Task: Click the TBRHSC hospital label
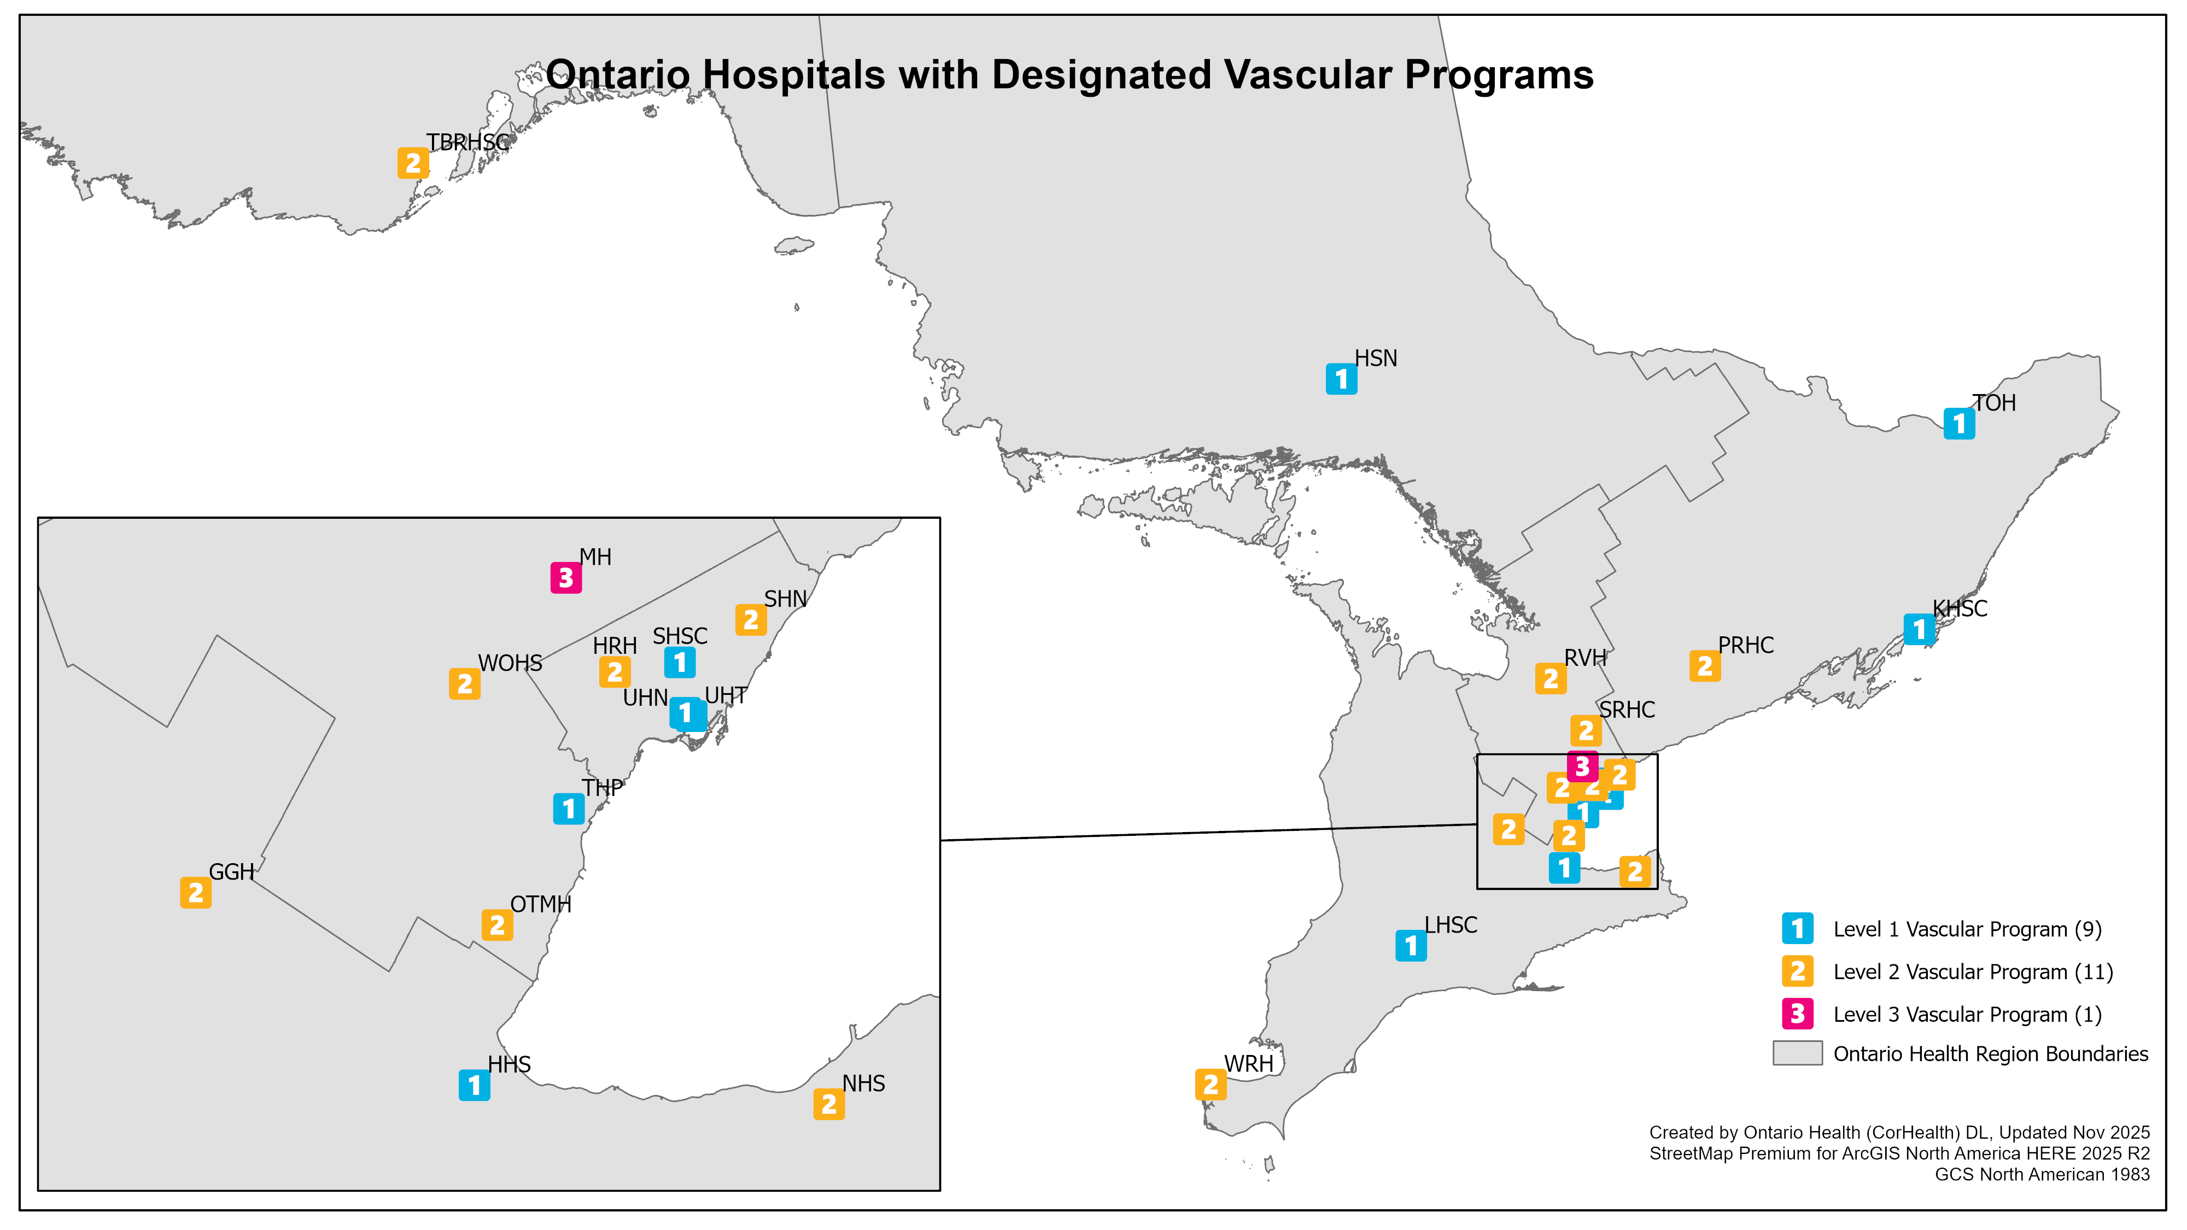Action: (468, 143)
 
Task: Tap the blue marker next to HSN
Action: (1341, 379)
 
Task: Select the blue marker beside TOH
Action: (1960, 423)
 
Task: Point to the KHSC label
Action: (1960, 608)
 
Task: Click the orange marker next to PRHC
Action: (1705, 666)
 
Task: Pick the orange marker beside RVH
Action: (1551, 679)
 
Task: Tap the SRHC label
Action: (1627, 710)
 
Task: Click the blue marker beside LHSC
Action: (1411, 945)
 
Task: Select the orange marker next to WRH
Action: (1211, 1084)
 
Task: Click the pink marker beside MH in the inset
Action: (566, 578)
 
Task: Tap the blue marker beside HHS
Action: (475, 1085)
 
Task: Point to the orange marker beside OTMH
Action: (498, 926)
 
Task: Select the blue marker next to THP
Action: (569, 809)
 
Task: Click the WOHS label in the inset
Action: (510, 663)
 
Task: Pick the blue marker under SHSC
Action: (680, 662)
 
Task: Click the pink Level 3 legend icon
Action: (1797, 1014)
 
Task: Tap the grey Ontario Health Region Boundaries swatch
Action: (1797, 1053)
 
